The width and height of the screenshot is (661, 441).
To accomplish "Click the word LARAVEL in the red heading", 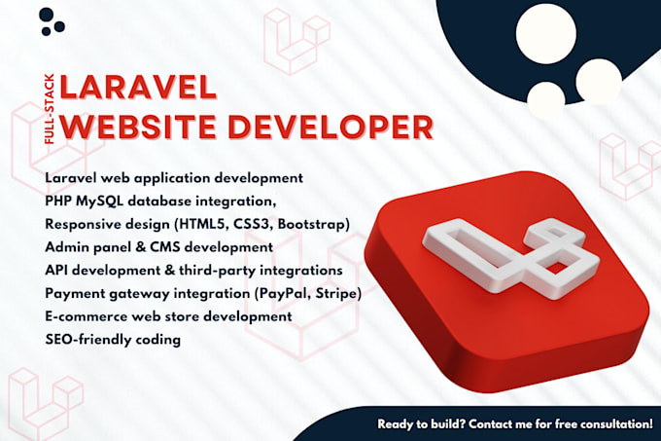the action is [138, 88].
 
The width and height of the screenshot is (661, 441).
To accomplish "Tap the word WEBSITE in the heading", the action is [138, 127].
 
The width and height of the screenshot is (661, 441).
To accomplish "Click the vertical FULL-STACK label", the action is [50, 109].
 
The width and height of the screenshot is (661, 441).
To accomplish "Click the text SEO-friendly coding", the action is [113, 340].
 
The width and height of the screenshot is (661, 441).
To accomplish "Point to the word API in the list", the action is [56, 270].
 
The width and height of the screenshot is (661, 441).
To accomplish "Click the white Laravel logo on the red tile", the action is [511, 257].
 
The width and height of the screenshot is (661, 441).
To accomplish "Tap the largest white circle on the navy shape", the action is [546, 34].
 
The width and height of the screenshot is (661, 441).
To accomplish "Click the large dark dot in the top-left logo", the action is [47, 15].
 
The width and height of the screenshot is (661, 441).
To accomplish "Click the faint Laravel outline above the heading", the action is [296, 41].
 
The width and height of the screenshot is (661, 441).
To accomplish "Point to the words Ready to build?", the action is [421, 424].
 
